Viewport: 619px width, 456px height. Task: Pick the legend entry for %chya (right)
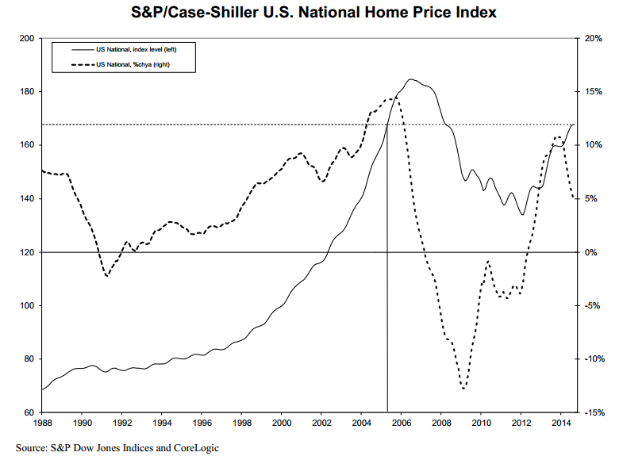pos(137,63)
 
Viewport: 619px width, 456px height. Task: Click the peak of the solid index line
pos(410,79)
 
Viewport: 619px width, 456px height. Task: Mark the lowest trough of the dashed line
pos(463,389)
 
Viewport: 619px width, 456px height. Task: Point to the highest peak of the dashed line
pos(394,98)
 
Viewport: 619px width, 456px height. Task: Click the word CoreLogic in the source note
pos(193,448)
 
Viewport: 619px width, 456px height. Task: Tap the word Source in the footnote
pos(31,448)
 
